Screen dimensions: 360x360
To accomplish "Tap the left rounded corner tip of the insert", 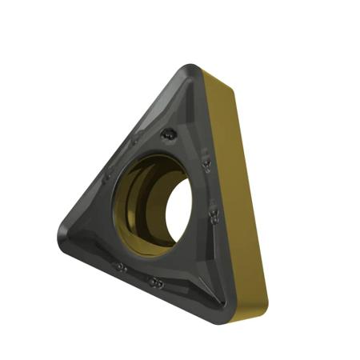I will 64,234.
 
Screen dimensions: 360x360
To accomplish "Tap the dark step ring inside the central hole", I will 148,200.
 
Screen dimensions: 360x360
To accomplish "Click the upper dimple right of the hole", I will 206,164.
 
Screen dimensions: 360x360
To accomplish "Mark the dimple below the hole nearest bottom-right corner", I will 155,282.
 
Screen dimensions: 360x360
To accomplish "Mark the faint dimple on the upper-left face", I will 109,176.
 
